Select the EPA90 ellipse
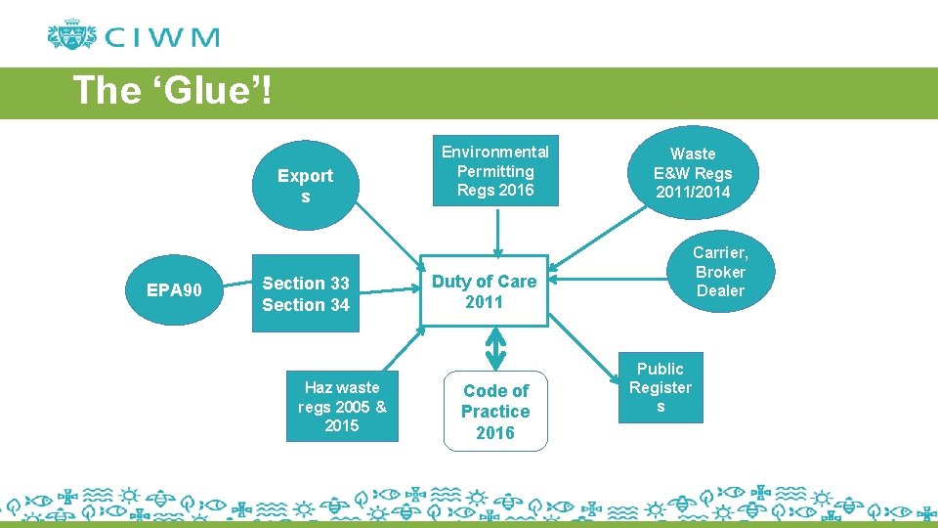[x=174, y=290]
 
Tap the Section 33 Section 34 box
[x=306, y=294]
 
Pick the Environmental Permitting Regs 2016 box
[x=495, y=171]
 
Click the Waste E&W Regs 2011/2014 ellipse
[x=693, y=173]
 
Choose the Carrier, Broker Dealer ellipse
[x=720, y=272]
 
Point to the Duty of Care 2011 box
[x=485, y=291]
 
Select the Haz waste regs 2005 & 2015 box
[x=342, y=407]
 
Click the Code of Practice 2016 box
[x=495, y=412]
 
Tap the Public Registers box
[x=661, y=388]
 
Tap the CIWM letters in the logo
[x=162, y=38]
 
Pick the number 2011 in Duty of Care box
[x=485, y=302]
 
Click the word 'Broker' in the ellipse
[x=720, y=272]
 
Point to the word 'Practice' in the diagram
[x=495, y=412]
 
